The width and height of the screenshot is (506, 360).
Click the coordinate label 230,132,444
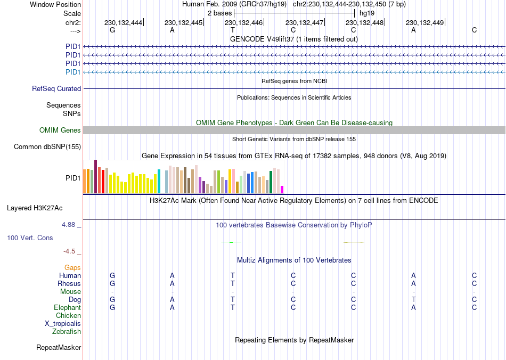[124, 22]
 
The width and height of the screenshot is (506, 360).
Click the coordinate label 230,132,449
[425, 22]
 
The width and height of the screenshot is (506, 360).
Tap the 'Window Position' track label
[55, 4]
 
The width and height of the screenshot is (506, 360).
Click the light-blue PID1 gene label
[72, 72]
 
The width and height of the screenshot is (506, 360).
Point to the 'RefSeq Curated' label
[56, 89]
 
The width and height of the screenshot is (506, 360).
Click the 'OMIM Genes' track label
[60, 130]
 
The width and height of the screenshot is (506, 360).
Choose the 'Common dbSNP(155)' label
[47, 147]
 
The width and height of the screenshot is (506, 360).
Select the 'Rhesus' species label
[69, 284]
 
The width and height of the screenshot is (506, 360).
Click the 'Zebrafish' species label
[67, 332]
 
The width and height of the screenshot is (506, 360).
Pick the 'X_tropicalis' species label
[63, 324]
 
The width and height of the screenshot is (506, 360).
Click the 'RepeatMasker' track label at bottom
[59, 348]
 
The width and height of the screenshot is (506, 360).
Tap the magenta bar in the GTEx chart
[282, 190]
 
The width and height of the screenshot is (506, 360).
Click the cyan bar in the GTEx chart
[159, 182]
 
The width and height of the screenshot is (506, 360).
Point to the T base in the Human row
[233, 276]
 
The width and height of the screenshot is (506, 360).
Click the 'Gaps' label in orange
[72, 268]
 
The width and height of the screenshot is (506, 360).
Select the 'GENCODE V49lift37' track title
[294, 39]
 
